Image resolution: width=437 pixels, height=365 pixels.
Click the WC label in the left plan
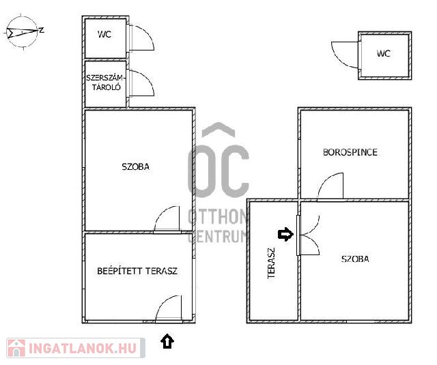tap(104, 34)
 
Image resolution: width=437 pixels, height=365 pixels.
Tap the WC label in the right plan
tap(384, 53)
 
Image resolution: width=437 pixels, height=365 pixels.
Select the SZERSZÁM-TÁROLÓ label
tap(104, 83)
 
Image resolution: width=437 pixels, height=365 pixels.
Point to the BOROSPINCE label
tap(350, 152)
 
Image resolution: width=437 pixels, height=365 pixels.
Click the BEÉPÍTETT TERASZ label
tap(137, 271)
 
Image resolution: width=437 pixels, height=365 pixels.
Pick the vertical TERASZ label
tap(271, 263)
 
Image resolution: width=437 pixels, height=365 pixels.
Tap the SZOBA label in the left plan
tap(135, 166)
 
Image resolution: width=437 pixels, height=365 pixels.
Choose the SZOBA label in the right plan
tap(355, 259)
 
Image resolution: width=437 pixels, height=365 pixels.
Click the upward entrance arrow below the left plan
tap(167, 341)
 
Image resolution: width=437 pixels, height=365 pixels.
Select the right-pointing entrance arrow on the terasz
tap(285, 234)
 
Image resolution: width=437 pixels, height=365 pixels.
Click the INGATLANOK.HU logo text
tap(83, 348)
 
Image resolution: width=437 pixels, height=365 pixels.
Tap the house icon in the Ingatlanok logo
tap(16, 348)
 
